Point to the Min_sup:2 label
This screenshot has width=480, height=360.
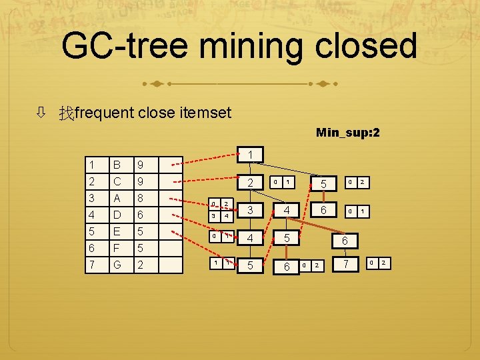coord(347,133)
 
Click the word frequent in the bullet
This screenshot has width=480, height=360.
coord(104,113)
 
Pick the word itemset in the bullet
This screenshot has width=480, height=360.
coord(205,113)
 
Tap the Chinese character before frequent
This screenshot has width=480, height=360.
coord(65,113)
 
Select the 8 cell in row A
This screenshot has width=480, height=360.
coord(140,198)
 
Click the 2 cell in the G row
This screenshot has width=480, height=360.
coord(140,265)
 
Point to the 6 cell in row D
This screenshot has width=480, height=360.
coord(140,215)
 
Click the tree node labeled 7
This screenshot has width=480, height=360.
coord(345,265)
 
